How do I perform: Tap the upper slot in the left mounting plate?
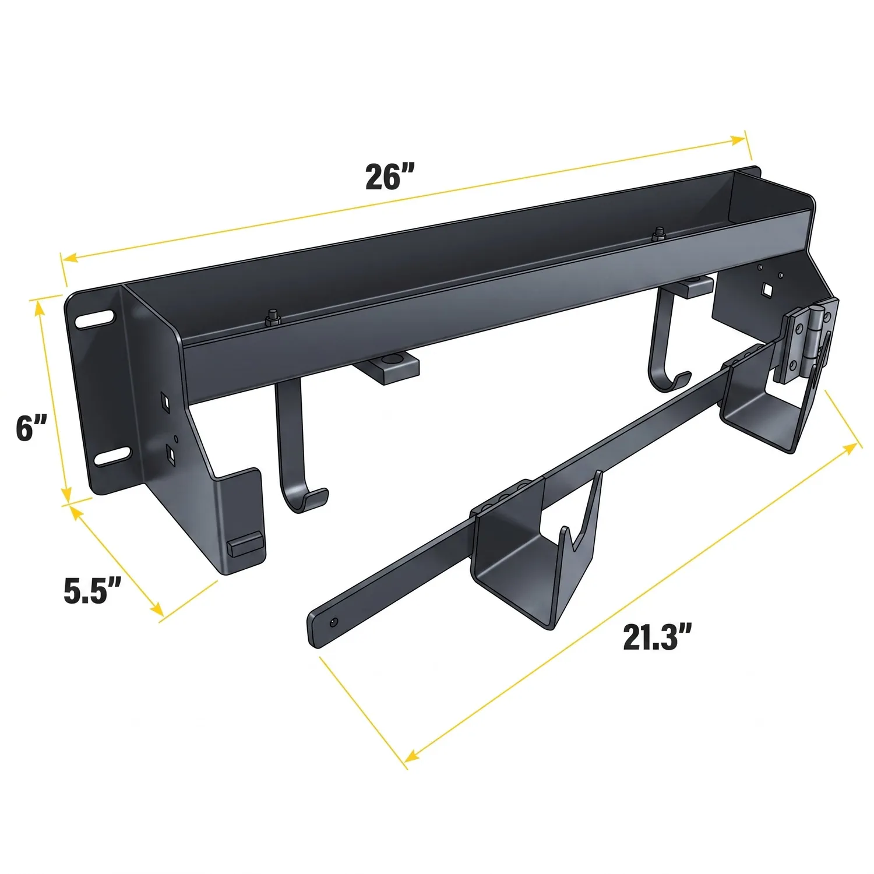coord(94,318)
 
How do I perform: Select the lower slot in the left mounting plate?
coord(111,456)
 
